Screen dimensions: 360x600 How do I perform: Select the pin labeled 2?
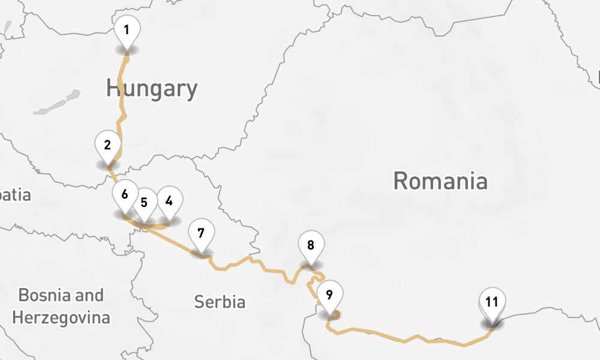tap(107, 145)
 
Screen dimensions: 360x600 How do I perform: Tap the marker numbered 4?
tap(169, 201)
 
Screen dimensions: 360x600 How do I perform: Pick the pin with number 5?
tap(144, 202)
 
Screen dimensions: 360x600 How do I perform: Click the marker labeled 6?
tap(124, 194)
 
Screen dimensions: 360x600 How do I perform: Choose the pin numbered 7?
tap(201, 233)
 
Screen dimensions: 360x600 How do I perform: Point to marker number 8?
tap(311, 245)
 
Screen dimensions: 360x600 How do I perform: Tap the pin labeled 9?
tap(329, 295)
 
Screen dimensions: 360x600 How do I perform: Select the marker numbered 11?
tap(492, 302)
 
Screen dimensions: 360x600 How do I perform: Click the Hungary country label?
tap(152, 89)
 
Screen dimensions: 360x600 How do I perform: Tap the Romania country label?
tap(440, 181)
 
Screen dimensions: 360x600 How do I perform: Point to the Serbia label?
tap(220, 302)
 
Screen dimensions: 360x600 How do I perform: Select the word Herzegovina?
tap(61, 317)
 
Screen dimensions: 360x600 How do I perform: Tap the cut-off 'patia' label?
tap(15, 195)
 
